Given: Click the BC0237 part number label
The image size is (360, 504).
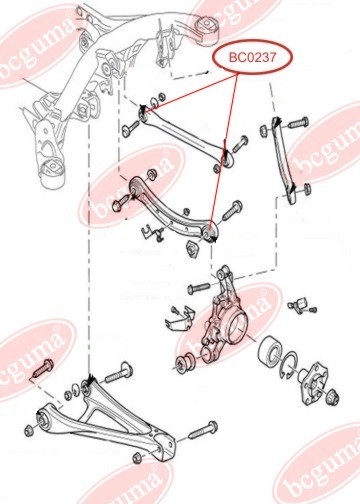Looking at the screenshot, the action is pyautogui.click(x=252, y=57).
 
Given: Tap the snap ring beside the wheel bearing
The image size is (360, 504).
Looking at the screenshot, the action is pyautogui.click(x=289, y=365).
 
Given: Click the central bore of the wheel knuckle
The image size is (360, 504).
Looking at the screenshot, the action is pyautogui.click(x=237, y=328).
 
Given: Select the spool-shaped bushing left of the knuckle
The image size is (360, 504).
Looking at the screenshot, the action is pyautogui.click(x=184, y=364).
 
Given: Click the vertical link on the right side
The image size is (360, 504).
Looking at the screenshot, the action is pyautogui.click(x=282, y=159).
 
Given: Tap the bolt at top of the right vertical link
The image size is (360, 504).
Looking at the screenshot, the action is pyautogui.click(x=298, y=123).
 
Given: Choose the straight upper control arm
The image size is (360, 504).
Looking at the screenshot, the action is pyautogui.click(x=184, y=137).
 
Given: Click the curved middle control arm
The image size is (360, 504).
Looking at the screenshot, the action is pyautogui.click(x=173, y=209).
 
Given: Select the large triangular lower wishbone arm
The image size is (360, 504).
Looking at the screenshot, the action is pyautogui.click(x=106, y=423).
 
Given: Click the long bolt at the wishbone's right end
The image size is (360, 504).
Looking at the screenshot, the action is pyautogui.click(x=203, y=430).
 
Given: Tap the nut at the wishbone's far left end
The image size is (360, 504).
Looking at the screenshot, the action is pyautogui.click(x=29, y=431).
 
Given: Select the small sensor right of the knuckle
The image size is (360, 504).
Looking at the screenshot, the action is pyautogui.click(x=299, y=305).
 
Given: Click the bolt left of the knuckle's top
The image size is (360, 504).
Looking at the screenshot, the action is pyautogui.click(x=198, y=288).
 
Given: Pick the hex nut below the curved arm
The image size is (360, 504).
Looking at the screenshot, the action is pyautogui.click(x=191, y=248).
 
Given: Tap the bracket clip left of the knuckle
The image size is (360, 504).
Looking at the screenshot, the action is pyautogui.click(x=180, y=319).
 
